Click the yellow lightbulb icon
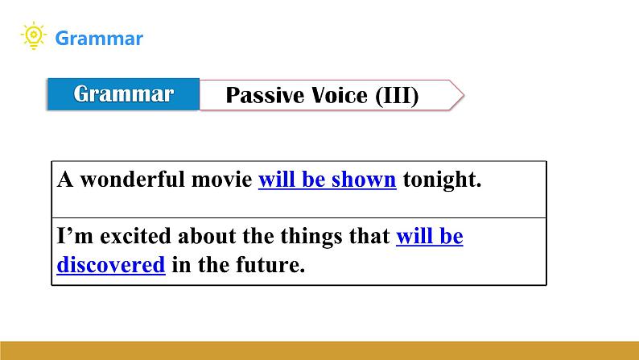pyautogui.click(x=34, y=35)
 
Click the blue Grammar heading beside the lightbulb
pyautogui.click(x=99, y=39)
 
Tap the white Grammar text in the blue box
pyautogui.click(x=123, y=94)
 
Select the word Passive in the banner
pyautogui.click(x=265, y=95)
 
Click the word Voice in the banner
pyautogui.click(x=340, y=95)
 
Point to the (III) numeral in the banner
pyautogui.click(x=397, y=96)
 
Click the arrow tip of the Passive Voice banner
pyautogui.click(x=464, y=95)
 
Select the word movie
pyautogui.click(x=221, y=180)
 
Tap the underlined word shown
pyautogui.click(x=364, y=180)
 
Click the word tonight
pyautogui.click(x=442, y=180)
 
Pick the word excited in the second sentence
pyautogui.click(x=135, y=236)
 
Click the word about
pyautogui.click(x=207, y=236)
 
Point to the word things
pyautogui.click(x=311, y=237)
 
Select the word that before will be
pyautogui.click(x=369, y=236)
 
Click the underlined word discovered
pyautogui.click(x=111, y=265)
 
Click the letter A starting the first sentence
pyautogui.click(x=65, y=180)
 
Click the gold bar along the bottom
pyautogui.click(x=319, y=350)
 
